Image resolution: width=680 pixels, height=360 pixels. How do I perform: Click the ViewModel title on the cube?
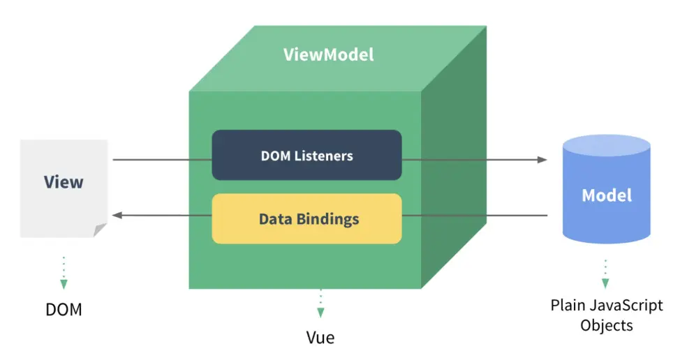[x=328, y=54]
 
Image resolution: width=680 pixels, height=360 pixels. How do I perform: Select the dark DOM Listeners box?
[x=306, y=155]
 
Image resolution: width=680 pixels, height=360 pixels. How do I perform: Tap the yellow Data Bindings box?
[x=306, y=219]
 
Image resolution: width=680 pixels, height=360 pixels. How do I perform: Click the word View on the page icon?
[x=64, y=183]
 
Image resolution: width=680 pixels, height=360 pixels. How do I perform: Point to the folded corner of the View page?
[x=101, y=230]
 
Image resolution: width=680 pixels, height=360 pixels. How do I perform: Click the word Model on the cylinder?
[x=607, y=195]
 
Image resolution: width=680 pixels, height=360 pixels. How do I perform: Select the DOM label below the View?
[x=64, y=310]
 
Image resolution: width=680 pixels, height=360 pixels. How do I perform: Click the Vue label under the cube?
[x=320, y=338]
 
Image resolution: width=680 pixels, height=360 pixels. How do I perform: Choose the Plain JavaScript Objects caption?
[x=606, y=315]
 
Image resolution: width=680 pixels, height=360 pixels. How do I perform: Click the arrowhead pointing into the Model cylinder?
[x=542, y=160]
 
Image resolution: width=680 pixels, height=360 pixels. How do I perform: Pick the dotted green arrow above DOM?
[x=64, y=272]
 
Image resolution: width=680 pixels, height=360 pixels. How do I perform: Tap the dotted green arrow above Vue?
[x=320, y=304]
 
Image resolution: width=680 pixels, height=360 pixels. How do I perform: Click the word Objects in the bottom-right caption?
[x=606, y=325]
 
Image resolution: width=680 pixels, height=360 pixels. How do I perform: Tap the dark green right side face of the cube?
[x=453, y=174]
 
